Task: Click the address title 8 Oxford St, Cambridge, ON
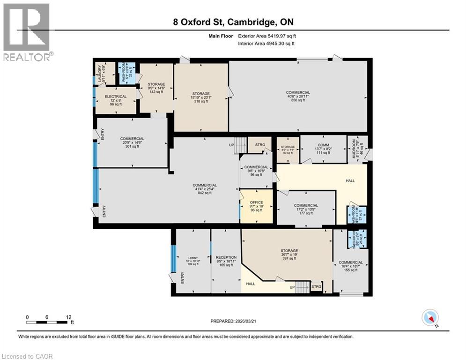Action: click(x=233, y=22)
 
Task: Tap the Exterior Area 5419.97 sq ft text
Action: click(x=267, y=36)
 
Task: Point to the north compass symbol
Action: click(x=429, y=318)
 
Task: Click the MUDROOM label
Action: click(x=355, y=150)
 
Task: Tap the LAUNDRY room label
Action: click(x=99, y=74)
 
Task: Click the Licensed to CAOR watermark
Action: click(x=27, y=356)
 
